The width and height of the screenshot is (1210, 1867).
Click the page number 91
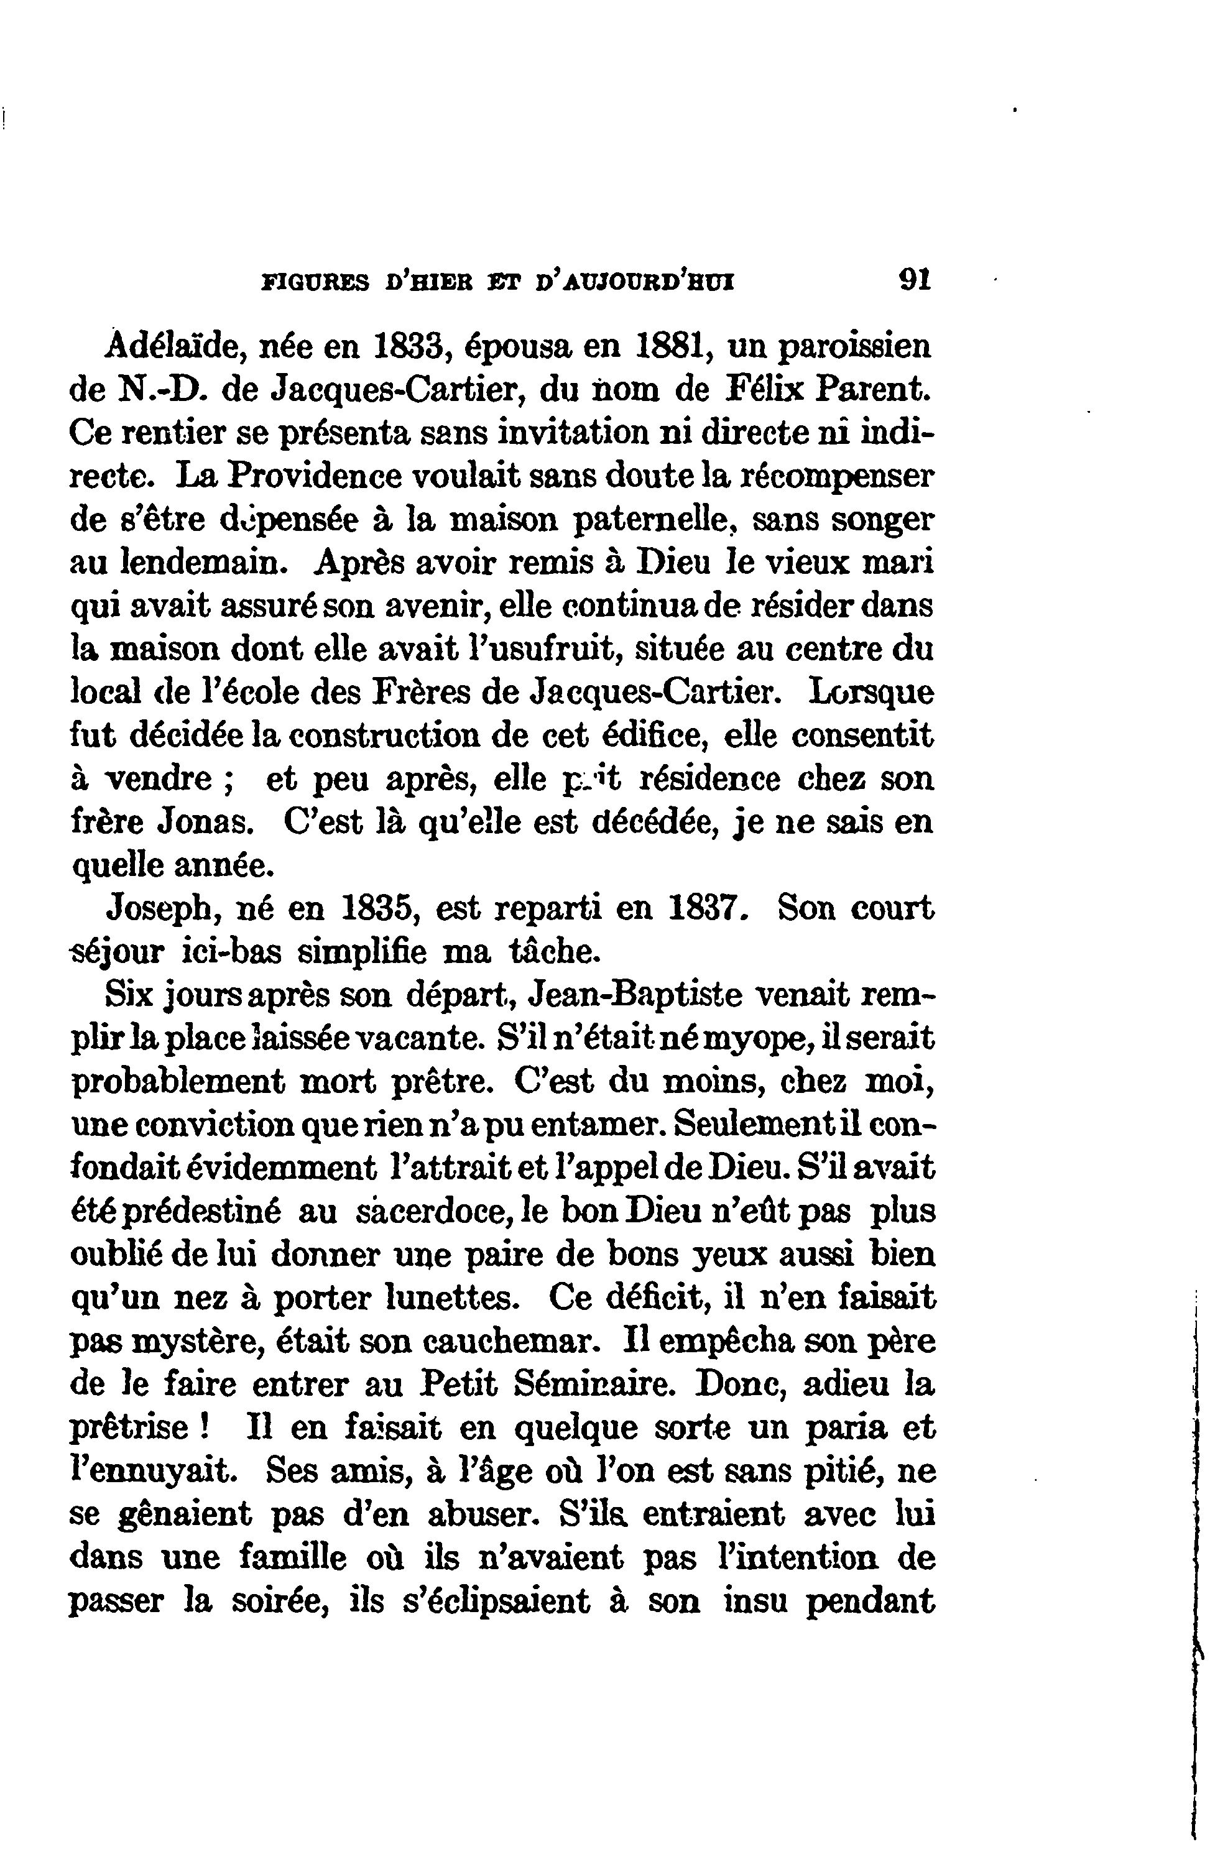914,280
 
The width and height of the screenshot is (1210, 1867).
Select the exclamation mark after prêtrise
203,1427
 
